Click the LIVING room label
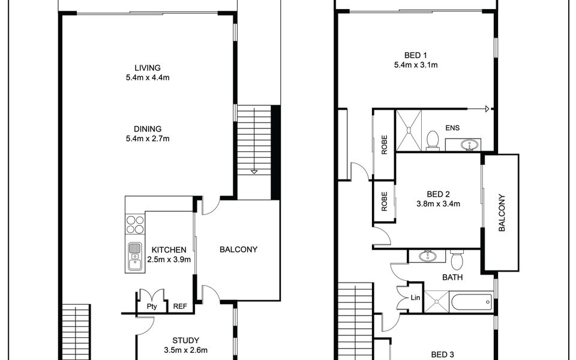(x=148, y=68)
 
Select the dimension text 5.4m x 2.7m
(x=148, y=139)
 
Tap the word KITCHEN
(x=169, y=250)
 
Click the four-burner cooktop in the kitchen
(x=134, y=224)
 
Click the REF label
(x=179, y=307)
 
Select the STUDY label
(x=185, y=340)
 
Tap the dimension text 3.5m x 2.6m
(x=185, y=350)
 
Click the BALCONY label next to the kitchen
(x=238, y=250)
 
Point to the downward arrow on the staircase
(x=254, y=172)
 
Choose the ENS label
(x=452, y=127)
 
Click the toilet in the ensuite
(x=431, y=140)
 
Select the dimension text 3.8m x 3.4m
(x=438, y=204)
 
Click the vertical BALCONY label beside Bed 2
(x=501, y=212)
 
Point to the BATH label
(x=451, y=278)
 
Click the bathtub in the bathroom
(x=472, y=302)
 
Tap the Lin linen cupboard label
(x=415, y=298)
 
